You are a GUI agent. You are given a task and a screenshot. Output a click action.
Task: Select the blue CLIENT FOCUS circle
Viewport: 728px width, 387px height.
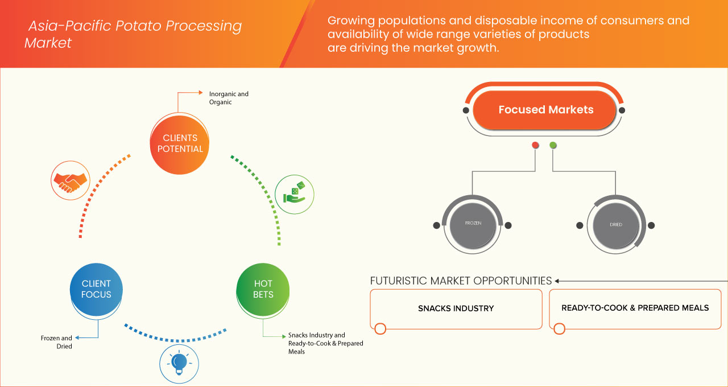point(96,289)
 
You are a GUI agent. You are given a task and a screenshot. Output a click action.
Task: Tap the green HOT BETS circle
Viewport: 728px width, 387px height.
point(263,289)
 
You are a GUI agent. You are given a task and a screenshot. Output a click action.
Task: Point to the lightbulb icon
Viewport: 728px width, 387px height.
point(179,362)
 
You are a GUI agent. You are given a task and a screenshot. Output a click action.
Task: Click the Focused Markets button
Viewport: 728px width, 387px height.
point(545,110)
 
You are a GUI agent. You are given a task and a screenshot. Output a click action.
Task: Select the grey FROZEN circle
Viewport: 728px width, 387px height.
point(473,224)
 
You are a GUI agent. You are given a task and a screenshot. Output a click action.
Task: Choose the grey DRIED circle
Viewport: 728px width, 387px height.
point(615,224)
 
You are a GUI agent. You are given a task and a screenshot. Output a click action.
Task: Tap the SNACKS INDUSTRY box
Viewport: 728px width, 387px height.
point(456,308)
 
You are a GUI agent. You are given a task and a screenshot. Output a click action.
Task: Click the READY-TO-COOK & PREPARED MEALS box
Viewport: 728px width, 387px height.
point(635,308)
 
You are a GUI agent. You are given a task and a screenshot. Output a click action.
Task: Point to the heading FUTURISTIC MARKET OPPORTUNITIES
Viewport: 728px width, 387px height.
point(461,281)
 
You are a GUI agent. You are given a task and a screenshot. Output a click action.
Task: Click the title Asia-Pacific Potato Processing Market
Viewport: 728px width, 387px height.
point(134,34)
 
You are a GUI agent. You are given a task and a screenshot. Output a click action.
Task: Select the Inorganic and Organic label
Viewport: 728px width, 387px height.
point(229,98)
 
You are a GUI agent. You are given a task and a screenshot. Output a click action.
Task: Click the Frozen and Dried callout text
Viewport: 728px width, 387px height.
point(56,342)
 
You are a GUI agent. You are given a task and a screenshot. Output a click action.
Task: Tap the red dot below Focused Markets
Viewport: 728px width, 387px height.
point(535,146)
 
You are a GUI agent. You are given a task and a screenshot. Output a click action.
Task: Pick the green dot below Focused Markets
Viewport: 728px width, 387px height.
point(553,146)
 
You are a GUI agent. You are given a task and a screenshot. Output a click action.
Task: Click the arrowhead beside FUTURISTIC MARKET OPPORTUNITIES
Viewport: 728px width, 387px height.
point(557,281)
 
